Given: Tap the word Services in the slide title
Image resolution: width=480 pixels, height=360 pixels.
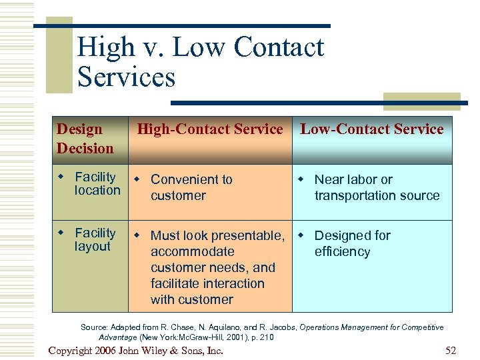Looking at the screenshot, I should [126, 76].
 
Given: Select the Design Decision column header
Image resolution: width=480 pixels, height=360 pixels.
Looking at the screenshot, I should [85, 139].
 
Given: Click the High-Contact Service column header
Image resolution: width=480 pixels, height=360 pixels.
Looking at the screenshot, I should [210, 129].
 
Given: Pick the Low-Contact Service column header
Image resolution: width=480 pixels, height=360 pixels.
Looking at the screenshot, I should [371, 129].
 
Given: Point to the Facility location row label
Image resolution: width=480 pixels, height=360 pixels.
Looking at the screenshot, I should [97, 183].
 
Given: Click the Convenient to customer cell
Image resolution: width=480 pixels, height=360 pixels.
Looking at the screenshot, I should [191, 187].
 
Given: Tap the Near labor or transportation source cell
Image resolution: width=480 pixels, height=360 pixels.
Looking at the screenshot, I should [377, 187].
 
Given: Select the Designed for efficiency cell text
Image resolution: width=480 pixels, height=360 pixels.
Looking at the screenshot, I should [352, 243].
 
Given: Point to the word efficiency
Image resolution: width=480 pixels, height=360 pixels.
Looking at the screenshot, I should [342, 251].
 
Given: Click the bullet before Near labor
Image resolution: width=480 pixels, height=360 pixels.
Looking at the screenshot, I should [301, 179].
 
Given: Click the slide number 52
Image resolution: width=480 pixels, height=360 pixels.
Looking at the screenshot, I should [450, 351].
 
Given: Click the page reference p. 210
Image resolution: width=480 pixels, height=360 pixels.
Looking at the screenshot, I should [262, 337].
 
